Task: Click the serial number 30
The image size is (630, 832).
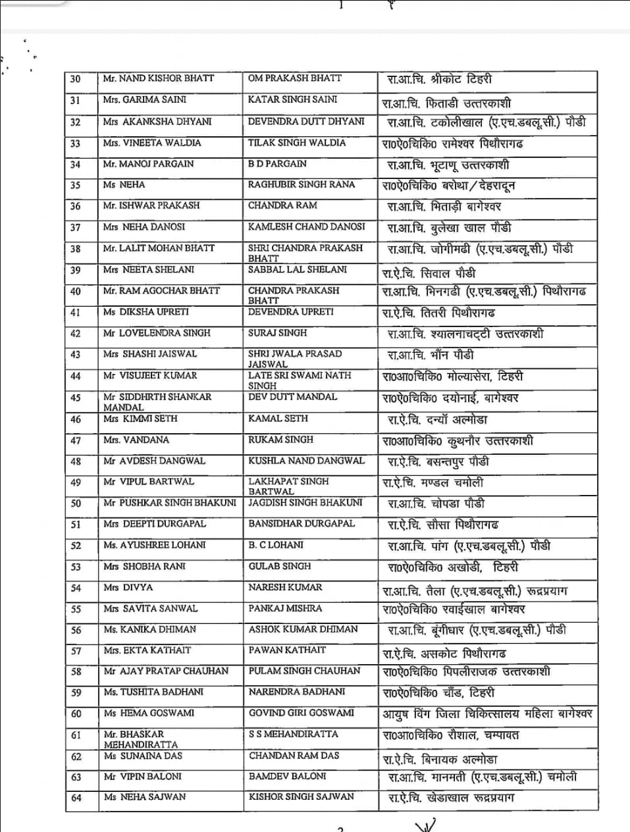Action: click(75, 79)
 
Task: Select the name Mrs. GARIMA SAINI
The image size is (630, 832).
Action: click(144, 100)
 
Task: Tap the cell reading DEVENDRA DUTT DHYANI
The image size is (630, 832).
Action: click(305, 121)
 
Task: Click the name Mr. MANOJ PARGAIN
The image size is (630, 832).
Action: click(148, 164)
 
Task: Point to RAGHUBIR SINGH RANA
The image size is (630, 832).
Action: click(301, 185)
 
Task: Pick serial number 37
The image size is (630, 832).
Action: click(75, 228)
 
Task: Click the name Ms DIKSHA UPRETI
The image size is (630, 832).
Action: click(145, 312)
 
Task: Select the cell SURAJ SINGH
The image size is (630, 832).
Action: click(277, 333)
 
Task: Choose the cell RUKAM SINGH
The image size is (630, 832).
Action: click(280, 440)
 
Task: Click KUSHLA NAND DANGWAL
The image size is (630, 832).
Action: click(306, 461)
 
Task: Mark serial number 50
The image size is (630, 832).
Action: click(76, 504)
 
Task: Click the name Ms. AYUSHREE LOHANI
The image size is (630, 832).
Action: click(154, 545)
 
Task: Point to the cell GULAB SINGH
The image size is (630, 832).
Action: click(280, 566)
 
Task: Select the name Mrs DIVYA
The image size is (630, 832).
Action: click(128, 587)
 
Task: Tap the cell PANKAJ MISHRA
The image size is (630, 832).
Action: click(285, 608)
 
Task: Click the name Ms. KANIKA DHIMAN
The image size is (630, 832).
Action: click(149, 629)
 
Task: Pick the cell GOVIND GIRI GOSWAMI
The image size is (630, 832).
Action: click(301, 713)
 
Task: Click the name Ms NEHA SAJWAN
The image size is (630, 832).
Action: click(145, 797)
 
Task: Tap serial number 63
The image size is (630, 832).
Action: click(76, 777)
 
